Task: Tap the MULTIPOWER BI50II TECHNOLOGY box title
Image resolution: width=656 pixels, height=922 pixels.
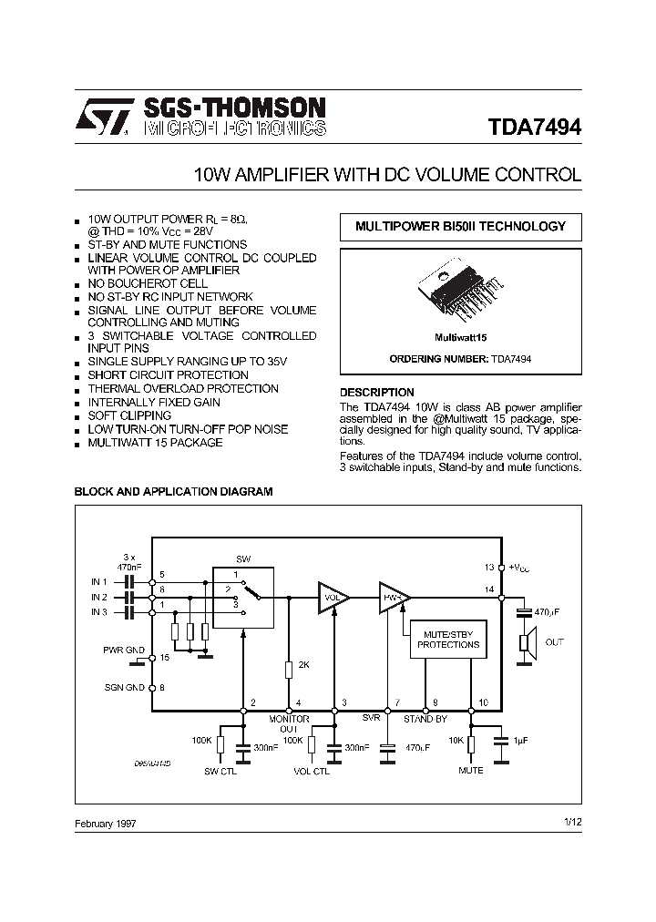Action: (x=460, y=227)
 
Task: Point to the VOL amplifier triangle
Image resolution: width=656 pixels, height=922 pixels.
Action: (x=333, y=598)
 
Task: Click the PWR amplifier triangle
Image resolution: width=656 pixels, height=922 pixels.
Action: (x=395, y=598)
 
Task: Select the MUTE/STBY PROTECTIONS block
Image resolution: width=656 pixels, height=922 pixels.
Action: (x=448, y=638)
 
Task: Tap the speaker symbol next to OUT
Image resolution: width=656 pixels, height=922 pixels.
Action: (x=525, y=642)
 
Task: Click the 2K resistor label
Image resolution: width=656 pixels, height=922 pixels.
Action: (x=304, y=665)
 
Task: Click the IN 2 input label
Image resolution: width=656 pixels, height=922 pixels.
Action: (x=99, y=597)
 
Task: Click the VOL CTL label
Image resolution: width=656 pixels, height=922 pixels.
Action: (x=312, y=771)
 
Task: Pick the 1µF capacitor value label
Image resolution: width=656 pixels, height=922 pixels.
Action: (x=519, y=741)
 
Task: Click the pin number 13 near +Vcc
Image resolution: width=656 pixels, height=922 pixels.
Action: (x=489, y=567)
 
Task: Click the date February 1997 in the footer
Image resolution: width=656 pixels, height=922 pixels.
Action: (x=105, y=823)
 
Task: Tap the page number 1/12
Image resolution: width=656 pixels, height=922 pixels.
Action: (x=572, y=823)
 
